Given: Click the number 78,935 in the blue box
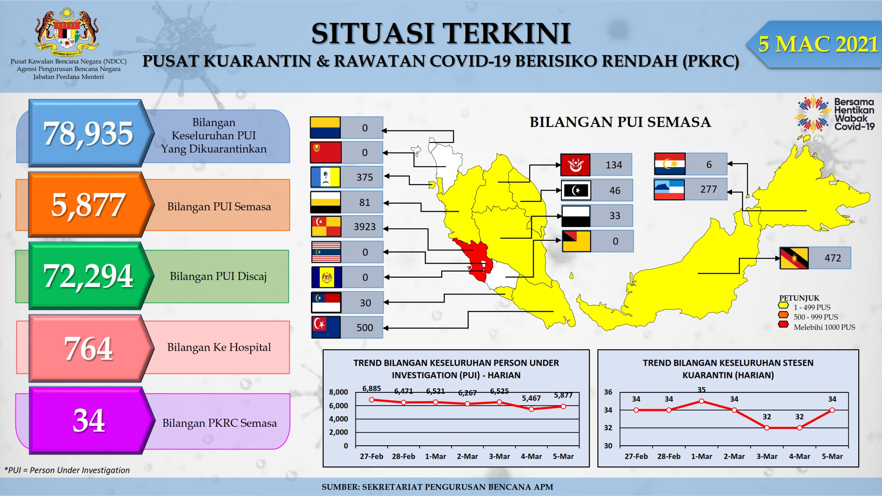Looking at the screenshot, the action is pos(88,133).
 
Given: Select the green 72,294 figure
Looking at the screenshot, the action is pos(88,276).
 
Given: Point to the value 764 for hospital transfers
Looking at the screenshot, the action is pos(89,348).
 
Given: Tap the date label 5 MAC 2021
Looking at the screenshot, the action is pos(818,44).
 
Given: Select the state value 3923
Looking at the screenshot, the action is pos(365,227).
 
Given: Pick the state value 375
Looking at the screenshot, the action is pos(365,177).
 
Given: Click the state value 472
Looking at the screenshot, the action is pos(833,258).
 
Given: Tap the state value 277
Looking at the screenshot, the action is pos(709,189).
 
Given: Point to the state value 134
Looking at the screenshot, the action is pos(614,165).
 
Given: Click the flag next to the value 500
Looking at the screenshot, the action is pos(326,327).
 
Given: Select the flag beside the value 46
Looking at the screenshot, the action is pos(576,190).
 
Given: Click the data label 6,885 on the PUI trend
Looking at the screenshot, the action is pos(371,388).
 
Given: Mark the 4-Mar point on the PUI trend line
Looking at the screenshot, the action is pos(531,409).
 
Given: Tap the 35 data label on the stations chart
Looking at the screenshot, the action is pos(702,390).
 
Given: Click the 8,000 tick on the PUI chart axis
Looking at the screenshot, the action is pos(338,392).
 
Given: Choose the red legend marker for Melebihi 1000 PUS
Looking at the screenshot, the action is pos(784,324).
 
